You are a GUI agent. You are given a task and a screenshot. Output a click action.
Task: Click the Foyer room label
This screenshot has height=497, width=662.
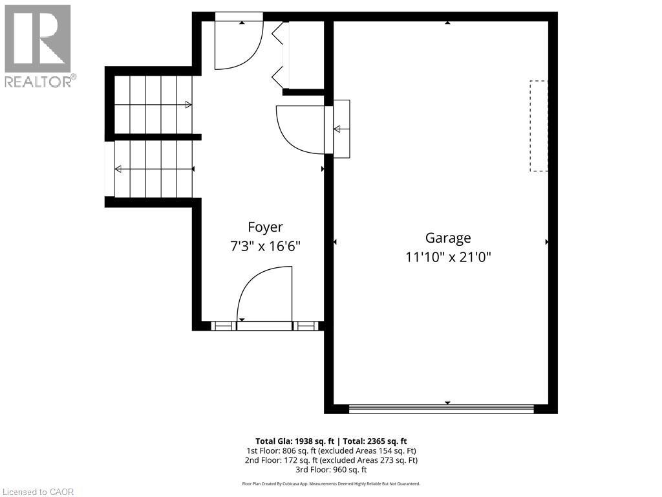265,227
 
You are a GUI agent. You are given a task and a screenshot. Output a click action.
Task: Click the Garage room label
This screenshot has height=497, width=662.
447,238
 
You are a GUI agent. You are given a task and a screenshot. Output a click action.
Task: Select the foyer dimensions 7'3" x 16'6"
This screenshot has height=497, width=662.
265,246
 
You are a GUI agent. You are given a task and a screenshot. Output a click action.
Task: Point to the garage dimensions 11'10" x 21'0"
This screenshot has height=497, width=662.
447,257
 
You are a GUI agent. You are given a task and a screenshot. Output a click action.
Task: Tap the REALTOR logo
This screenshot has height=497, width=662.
38,46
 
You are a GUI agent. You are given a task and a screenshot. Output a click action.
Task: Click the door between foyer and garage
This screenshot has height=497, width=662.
301,129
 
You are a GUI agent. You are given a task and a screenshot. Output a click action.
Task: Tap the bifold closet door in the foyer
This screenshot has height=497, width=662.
279,56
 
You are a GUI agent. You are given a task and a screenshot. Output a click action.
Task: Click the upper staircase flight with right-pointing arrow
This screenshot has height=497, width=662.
154,104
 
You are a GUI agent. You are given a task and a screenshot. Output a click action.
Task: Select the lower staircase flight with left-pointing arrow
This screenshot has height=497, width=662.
154,169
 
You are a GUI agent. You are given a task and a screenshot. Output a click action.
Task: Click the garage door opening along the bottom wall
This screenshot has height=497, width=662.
441,408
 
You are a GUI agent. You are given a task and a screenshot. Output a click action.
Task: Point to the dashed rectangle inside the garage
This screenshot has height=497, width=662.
539,126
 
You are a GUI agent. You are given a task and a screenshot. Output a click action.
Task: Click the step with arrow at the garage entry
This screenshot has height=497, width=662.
341,129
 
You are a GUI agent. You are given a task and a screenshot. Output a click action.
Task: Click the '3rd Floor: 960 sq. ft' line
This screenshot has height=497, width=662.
330,470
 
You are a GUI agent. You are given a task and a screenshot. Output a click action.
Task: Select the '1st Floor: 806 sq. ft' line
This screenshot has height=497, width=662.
330,450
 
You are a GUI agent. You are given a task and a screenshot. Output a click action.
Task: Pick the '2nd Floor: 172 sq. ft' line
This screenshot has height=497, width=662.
330,460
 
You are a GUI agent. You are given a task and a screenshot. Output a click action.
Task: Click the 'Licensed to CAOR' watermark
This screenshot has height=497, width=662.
38,491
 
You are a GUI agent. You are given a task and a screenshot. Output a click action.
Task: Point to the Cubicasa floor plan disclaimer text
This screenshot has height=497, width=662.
330,483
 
